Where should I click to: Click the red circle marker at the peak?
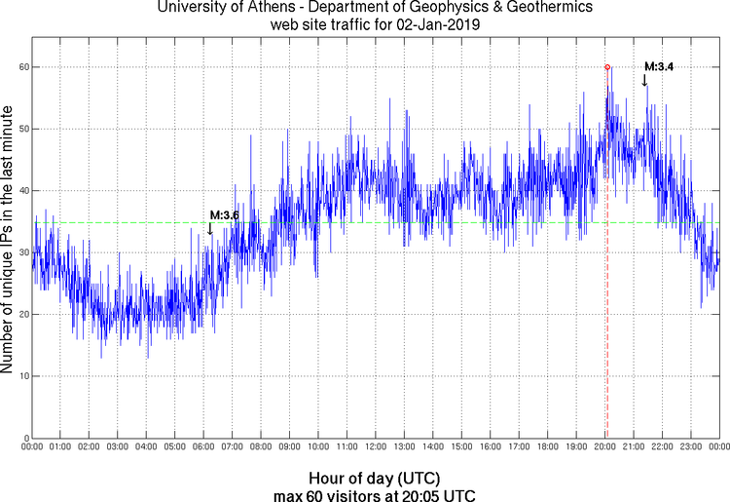pos(607,67)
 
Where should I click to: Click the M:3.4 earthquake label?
pos(659,66)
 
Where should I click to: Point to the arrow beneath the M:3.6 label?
pos(210,229)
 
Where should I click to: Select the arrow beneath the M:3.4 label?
pos(644,80)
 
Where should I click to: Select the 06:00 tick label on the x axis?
pos(203,447)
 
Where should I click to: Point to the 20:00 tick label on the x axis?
pos(604,447)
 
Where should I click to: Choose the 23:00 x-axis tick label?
pos(690,447)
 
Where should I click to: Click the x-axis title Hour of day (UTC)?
pos(375,479)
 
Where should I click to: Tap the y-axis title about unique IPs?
pos(9,239)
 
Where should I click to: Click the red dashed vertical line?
pos(607,292)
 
